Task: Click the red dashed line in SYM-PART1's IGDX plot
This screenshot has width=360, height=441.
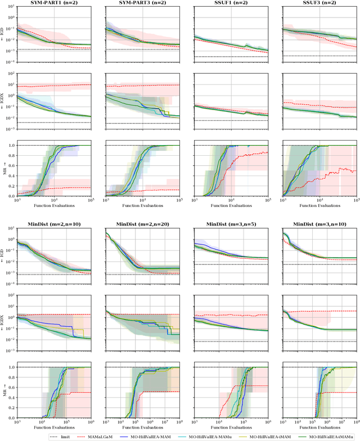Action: (x=56, y=85)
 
